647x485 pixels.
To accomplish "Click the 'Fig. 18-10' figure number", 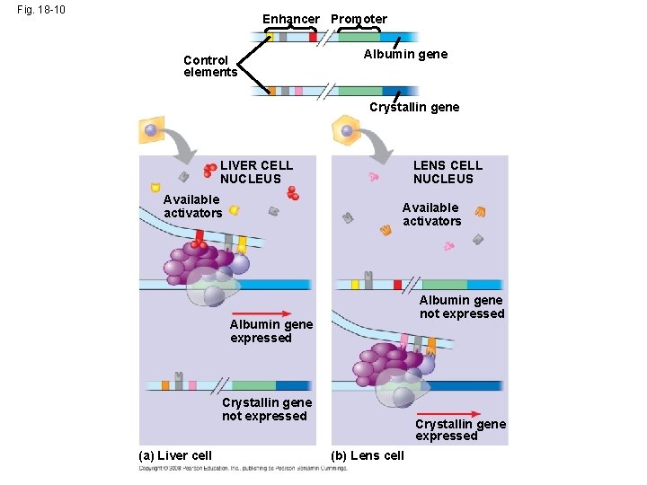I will pyautogui.click(x=41, y=11).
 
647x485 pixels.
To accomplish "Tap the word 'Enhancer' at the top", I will pyautogui.click(x=290, y=19).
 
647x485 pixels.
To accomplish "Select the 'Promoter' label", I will pyautogui.click(x=359, y=19).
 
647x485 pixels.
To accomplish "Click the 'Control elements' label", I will pyautogui.click(x=209, y=66).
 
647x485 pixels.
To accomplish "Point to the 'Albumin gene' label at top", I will pyautogui.click(x=405, y=54).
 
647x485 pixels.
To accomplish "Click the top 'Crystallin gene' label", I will pyautogui.click(x=414, y=107).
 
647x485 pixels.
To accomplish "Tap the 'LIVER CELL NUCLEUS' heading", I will pyautogui.click(x=256, y=172).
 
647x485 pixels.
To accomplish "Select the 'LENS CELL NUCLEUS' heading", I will pyautogui.click(x=448, y=172).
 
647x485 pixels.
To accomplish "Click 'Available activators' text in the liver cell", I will pyautogui.click(x=192, y=206).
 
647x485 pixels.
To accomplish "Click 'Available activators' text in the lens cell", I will pyautogui.click(x=431, y=214).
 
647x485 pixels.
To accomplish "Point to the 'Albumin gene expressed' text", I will pyautogui.click(x=271, y=331).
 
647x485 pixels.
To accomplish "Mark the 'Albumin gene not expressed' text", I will pyautogui.click(x=462, y=306).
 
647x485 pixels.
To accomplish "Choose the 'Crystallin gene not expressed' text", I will pyautogui.click(x=266, y=409).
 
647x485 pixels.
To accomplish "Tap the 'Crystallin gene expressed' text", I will pyautogui.click(x=460, y=429).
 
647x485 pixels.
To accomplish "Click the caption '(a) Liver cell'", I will pyautogui.click(x=176, y=455).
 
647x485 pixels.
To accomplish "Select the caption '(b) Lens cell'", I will pyautogui.click(x=368, y=455).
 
